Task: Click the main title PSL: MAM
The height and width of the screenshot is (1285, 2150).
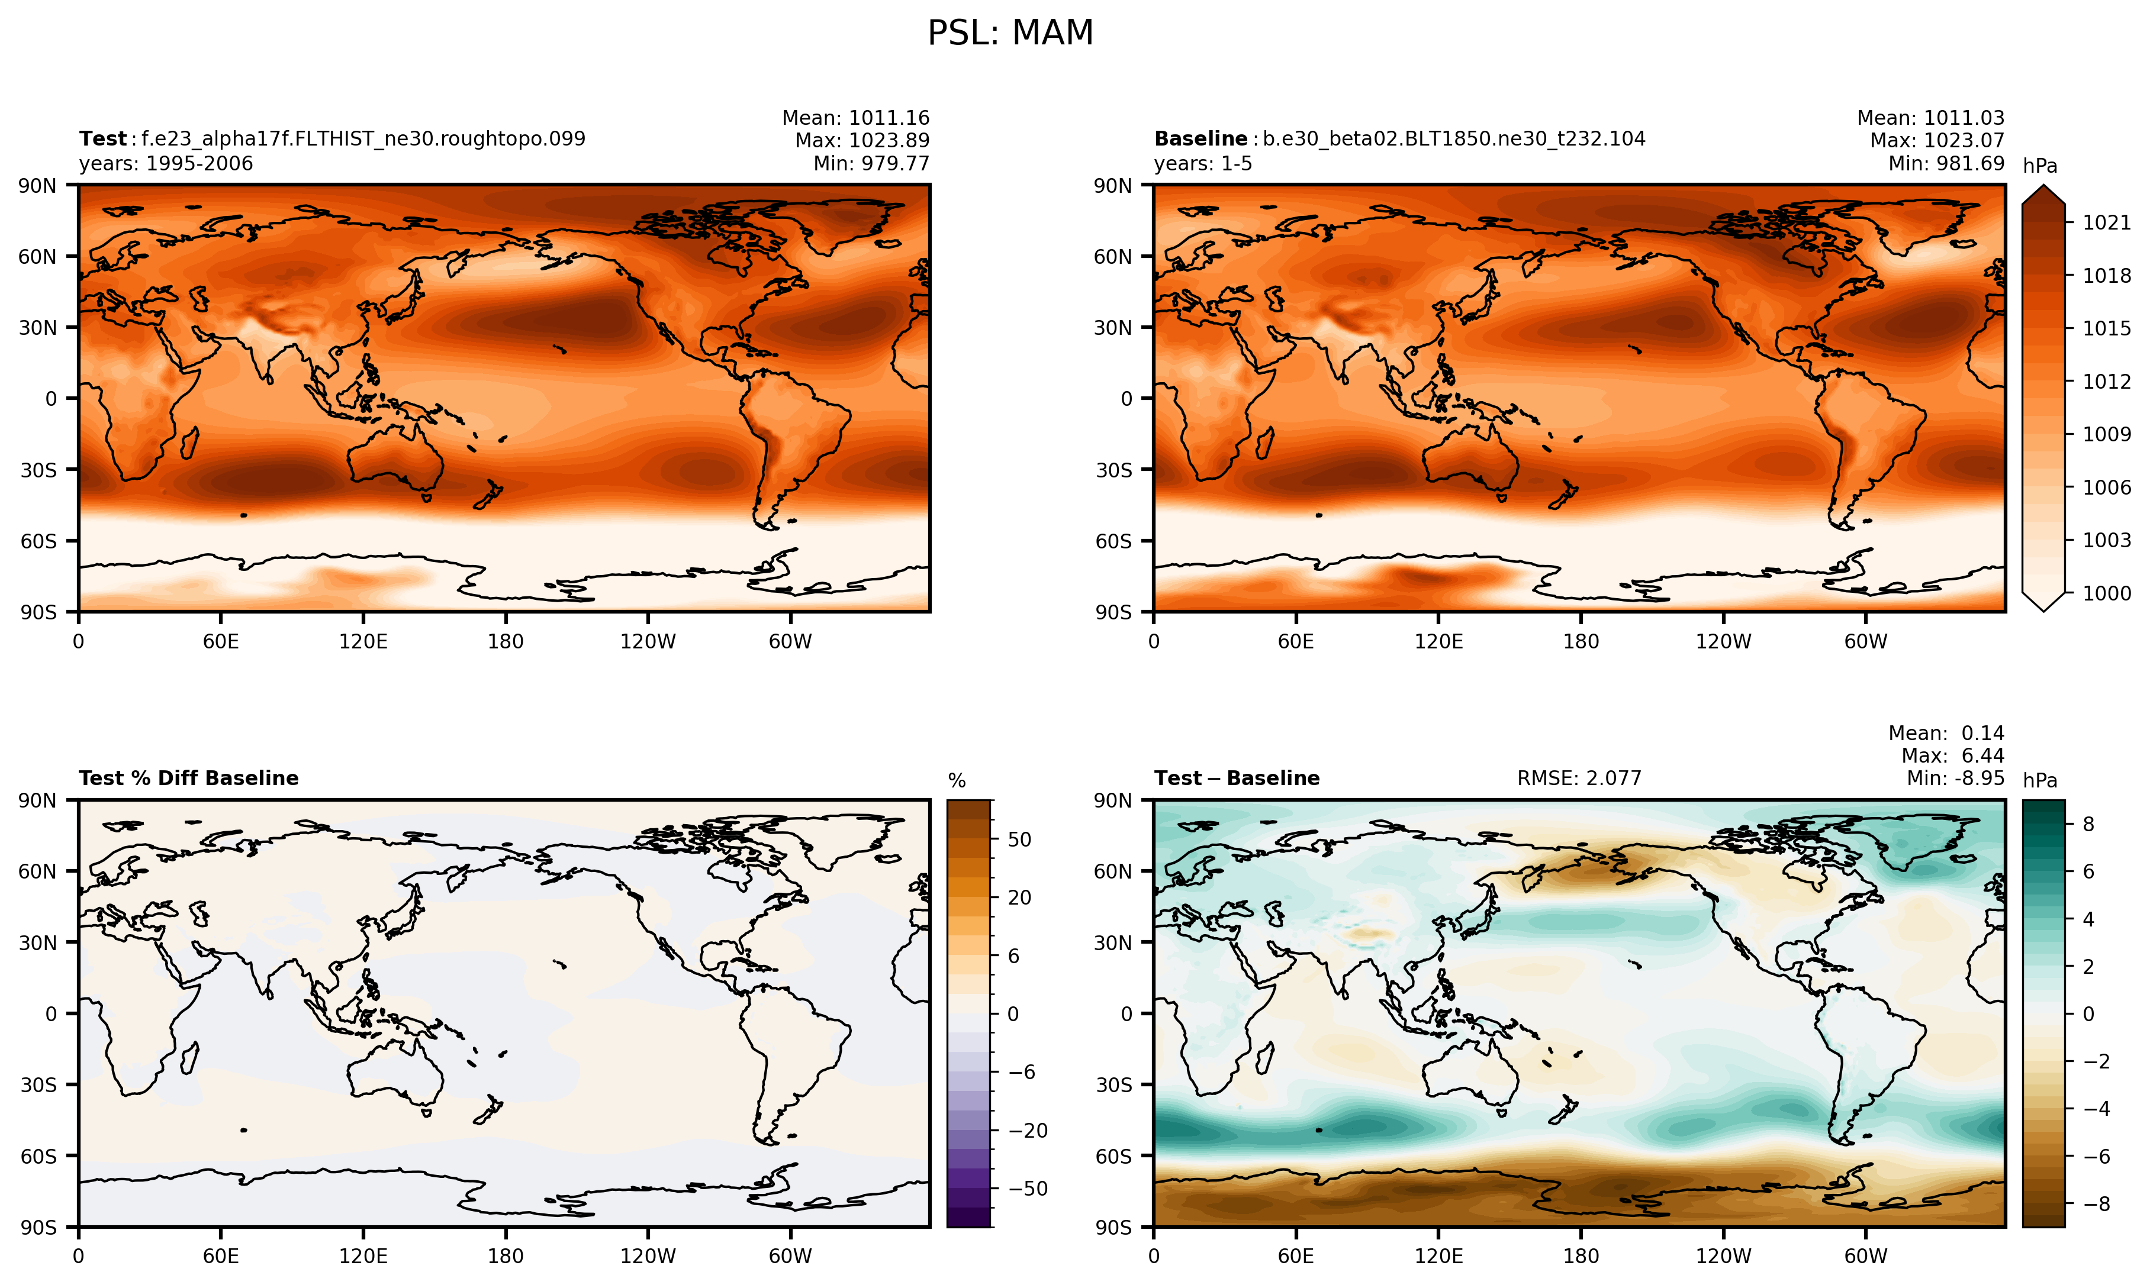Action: [1010, 34]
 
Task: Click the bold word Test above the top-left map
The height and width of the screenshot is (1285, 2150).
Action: [103, 138]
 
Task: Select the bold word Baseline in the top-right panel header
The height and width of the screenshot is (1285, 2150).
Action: [1200, 138]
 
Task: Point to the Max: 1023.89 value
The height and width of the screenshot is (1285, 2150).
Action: [862, 140]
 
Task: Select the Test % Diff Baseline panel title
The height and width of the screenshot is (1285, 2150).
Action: [188, 779]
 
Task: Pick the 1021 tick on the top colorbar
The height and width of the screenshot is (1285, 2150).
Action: [2106, 222]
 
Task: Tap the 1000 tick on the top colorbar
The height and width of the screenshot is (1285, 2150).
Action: [2106, 593]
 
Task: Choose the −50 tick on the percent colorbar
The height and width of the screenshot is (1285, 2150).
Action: [1028, 1189]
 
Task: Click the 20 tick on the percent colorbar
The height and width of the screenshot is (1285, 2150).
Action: [1019, 898]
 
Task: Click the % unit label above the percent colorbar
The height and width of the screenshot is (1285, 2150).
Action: [957, 781]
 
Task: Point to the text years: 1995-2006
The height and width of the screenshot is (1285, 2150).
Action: [165, 164]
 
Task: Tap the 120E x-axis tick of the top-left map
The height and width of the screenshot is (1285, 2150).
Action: [363, 642]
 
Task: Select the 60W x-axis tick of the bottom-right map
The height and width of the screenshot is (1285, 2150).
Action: [1865, 1257]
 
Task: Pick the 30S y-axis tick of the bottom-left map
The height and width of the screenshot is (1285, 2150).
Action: [38, 1085]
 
